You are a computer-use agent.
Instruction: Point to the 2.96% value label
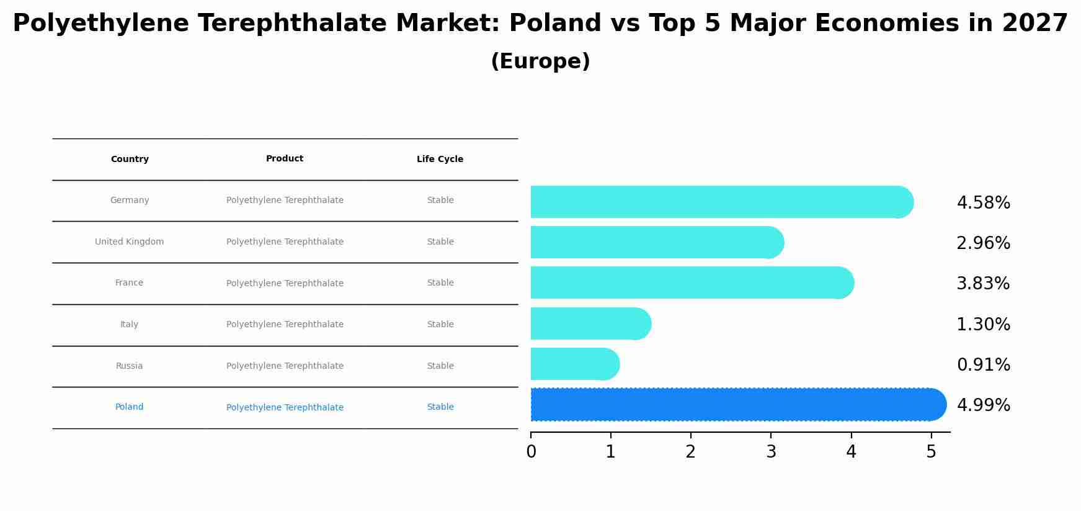point(983,243)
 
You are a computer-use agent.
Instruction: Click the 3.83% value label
point(983,284)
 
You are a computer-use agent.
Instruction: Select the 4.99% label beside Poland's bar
point(983,405)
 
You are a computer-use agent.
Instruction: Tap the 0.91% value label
point(983,365)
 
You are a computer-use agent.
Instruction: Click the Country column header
point(130,160)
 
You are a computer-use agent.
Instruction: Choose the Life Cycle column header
point(440,160)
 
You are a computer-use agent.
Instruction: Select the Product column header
point(285,159)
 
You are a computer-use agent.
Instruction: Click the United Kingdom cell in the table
point(130,242)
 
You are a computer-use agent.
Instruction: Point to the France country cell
point(129,283)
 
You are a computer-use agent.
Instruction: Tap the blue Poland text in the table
point(129,407)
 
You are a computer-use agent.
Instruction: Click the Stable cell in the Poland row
point(440,407)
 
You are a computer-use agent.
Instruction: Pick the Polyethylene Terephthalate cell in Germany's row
point(285,201)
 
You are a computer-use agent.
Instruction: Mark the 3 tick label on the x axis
point(771,452)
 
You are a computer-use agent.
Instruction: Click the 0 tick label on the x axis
point(531,452)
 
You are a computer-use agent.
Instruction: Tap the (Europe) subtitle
point(540,61)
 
